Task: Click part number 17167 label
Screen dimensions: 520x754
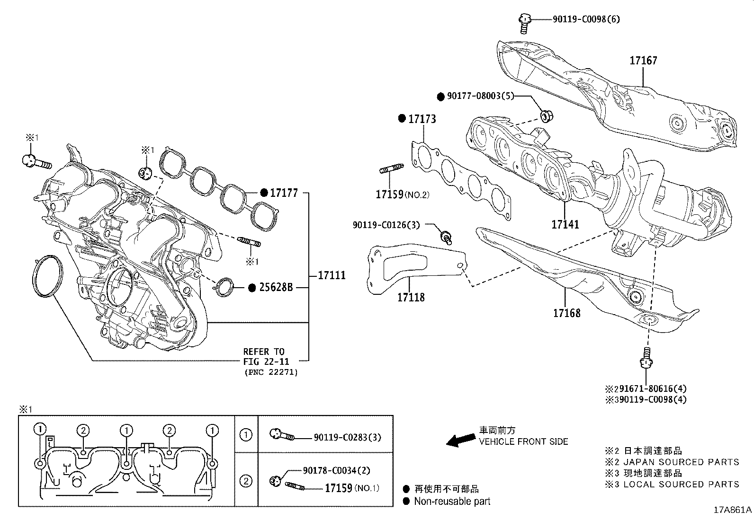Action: tap(643, 61)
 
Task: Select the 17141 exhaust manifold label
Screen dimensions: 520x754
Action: tap(565, 224)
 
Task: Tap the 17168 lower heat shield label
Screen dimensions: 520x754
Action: tap(566, 313)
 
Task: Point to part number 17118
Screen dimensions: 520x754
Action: tap(411, 297)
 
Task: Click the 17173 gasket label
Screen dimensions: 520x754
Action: tap(422, 119)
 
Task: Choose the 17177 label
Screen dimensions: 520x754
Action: tap(284, 193)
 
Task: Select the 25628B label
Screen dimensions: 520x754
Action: tap(276, 287)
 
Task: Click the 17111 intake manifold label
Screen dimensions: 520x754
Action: tap(332, 275)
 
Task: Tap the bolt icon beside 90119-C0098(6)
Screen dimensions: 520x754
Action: tap(524, 23)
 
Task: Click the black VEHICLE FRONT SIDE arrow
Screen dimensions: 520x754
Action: tap(461, 441)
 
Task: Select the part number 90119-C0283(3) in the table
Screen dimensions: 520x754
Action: tap(347, 438)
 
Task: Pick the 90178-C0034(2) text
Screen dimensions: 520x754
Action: tap(336, 470)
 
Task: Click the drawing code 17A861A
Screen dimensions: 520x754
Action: tap(732, 510)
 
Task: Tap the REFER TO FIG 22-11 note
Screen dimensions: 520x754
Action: tap(264, 356)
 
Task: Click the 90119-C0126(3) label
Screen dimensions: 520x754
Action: tap(386, 225)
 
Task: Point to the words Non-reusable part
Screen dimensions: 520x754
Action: tap(452, 501)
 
